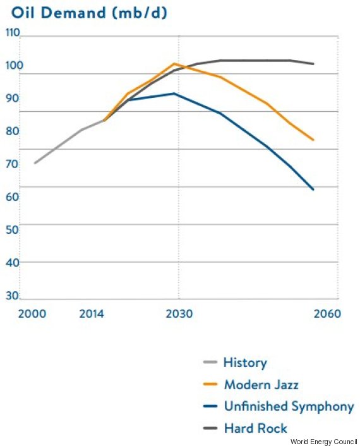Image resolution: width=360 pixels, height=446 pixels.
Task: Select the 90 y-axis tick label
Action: [x=12, y=98]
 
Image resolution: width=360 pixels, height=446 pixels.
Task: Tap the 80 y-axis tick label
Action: [x=12, y=131]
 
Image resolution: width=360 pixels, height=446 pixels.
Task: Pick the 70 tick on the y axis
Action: [x=12, y=164]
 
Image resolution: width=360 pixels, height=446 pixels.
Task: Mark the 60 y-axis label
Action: [x=12, y=197]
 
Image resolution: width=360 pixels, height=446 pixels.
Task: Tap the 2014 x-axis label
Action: [x=92, y=314]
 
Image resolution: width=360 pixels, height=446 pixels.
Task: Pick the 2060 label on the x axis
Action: [x=327, y=314]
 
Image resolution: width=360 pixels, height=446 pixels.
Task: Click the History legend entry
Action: [x=245, y=363]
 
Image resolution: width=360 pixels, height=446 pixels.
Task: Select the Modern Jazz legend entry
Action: [x=261, y=385]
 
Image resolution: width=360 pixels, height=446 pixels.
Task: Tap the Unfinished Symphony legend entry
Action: [x=289, y=407]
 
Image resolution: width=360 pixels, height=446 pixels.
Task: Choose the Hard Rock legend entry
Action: [x=255, y=428]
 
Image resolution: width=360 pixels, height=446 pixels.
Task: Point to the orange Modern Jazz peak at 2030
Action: [x=174, y=63]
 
